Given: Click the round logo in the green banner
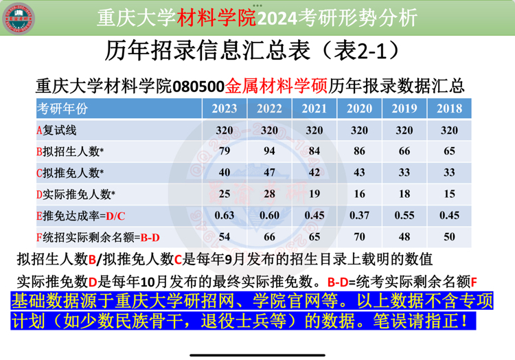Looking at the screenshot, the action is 19,19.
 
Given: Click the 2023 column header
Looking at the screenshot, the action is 225,109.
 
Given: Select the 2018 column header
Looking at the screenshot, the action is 449,109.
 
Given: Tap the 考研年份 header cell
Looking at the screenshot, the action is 62,109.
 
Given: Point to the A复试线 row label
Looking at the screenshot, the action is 56,131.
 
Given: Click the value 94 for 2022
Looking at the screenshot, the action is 269,151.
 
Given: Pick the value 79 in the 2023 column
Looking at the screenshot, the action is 225,151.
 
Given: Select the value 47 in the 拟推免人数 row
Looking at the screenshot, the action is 269,172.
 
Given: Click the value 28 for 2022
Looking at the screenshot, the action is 269,194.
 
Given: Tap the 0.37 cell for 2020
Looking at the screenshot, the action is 359,216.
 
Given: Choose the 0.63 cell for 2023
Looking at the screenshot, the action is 225,216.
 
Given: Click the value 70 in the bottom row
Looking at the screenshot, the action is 359,237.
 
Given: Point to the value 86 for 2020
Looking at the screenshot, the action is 359,151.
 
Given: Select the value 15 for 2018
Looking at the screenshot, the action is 449,194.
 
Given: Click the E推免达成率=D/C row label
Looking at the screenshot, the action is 81,216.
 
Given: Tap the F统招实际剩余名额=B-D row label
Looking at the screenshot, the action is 98,238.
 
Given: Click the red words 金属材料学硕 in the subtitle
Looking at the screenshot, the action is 276,86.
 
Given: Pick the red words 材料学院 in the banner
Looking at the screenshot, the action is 216,18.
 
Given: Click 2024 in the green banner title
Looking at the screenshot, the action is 277,19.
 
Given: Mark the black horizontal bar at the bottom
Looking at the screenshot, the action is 257,355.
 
